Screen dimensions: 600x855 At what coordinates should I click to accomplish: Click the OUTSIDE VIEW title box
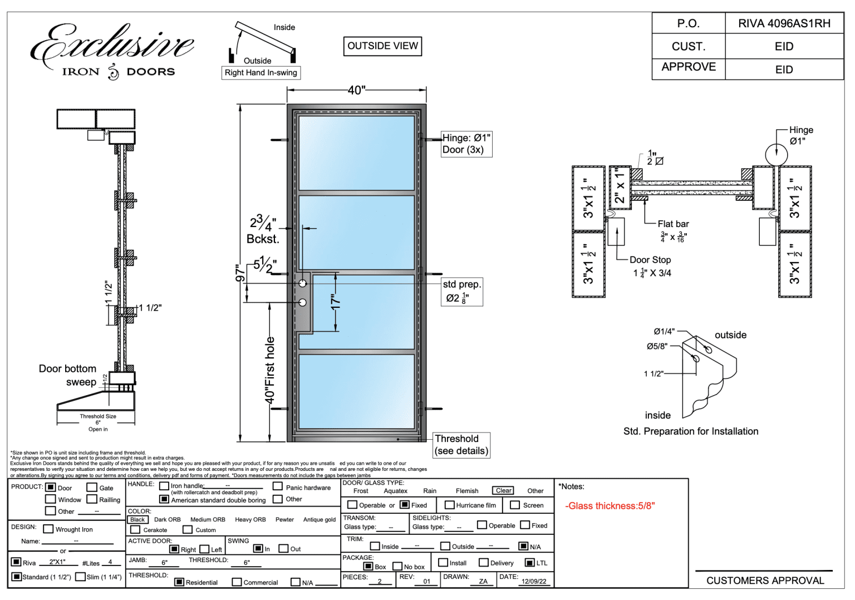coord(382,46)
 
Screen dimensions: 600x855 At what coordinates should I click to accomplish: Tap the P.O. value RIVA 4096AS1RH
coord(784,23)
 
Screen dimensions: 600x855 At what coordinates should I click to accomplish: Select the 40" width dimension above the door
coord(356,90)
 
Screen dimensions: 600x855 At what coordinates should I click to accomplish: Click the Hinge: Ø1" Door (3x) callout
coord(466,144)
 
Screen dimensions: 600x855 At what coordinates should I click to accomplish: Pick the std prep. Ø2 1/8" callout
coord(461,292)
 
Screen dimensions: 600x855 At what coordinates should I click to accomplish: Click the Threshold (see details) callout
coord(461,445)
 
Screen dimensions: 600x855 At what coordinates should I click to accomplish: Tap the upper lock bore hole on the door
coord(303,283)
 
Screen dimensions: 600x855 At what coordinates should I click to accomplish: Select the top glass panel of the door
coord(356,153)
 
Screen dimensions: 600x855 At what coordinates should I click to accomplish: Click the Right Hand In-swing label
coord(261,73)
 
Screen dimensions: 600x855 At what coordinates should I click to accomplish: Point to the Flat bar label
coord(673,224)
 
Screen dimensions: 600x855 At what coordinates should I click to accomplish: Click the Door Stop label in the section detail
coord(650,260)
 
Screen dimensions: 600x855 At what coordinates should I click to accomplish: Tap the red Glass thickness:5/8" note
coord(610,506)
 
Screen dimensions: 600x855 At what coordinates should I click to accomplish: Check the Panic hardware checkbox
coord(278,486)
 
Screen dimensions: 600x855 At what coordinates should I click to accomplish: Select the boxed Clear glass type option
coord(504,490)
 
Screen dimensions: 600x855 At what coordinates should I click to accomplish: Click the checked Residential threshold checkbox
coord(179,582)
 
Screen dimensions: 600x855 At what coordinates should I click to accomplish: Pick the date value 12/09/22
coord(534,581)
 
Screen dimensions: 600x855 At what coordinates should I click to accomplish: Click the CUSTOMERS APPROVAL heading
coord(765,581)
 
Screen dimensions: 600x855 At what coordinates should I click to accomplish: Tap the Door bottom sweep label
coord(68,375)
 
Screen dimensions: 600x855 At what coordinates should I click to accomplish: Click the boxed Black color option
coord(137,519)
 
